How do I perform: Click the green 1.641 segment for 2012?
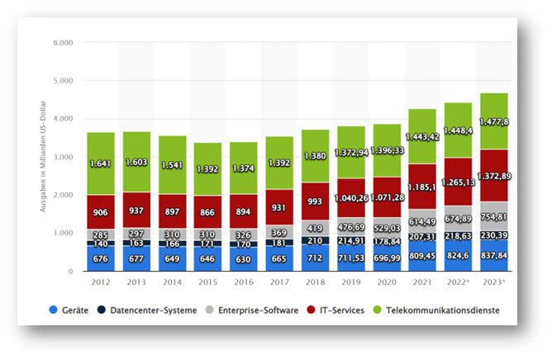point(101,163)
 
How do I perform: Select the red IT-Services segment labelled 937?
point(136,210)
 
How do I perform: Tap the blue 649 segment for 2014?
point(172,258)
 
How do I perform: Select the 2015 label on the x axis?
point(207,283)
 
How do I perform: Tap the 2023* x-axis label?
point(494,283)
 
